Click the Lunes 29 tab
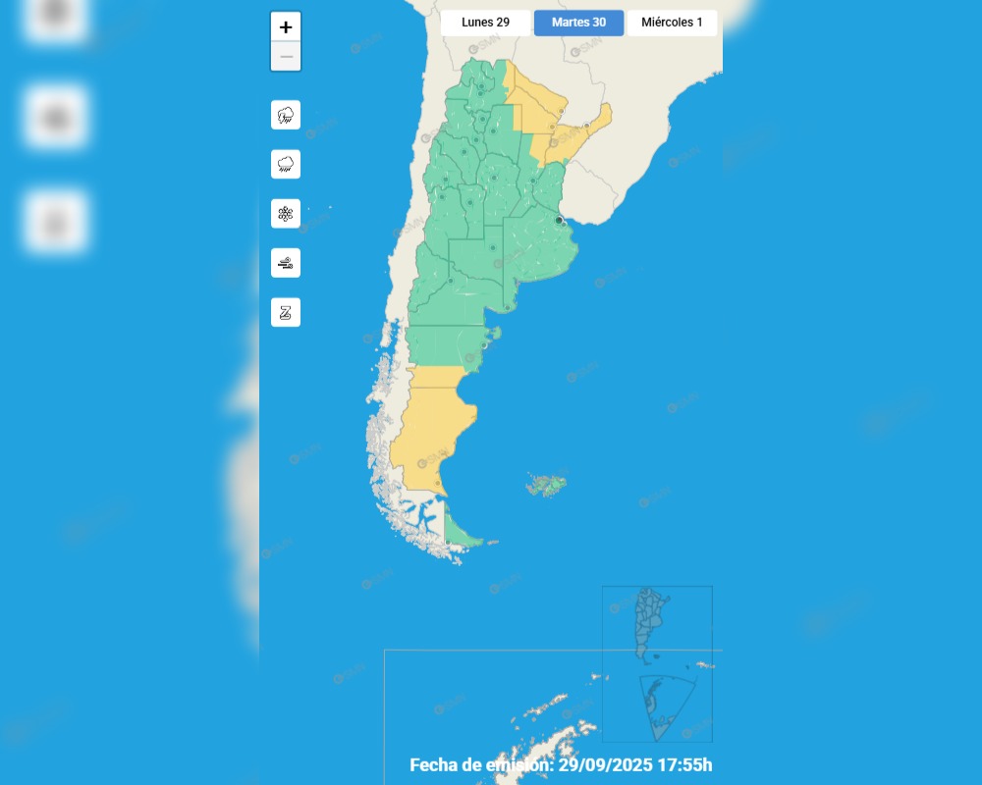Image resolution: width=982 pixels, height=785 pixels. click(485, 23)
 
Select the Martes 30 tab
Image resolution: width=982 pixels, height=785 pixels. click(578, 23)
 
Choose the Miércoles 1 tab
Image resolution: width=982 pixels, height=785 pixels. click(672, 23)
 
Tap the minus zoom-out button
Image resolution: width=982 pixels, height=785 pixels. click(286, 56)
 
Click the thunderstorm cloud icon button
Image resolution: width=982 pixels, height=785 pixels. click(286, 115)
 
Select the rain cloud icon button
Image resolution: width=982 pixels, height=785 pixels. click(286, 164)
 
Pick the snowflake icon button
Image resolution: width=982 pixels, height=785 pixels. click(286, 213)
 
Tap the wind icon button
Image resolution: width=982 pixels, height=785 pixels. click(286, 263)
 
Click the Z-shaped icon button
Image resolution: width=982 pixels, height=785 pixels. click(286, 312)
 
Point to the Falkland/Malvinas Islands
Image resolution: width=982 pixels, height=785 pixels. click(546, 485)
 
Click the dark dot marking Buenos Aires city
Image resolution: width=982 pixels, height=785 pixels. click(560, 221)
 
